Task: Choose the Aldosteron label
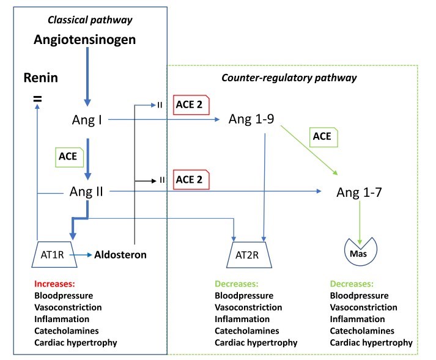120,255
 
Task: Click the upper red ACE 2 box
191,106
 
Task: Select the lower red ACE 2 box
191,180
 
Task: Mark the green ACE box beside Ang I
67,156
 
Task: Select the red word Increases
55,284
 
